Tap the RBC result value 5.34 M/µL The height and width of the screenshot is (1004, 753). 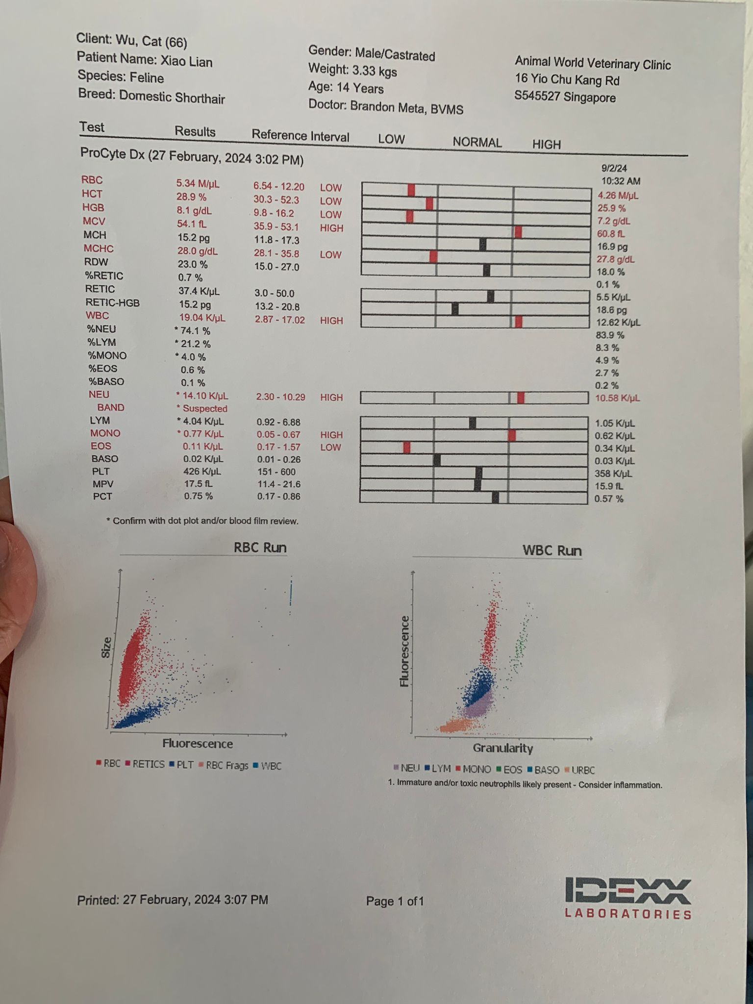coord(198,184)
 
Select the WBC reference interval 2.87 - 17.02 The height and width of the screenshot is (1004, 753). coord(279,320)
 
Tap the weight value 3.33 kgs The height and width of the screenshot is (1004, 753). coord(374,71)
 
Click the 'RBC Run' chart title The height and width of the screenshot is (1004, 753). coord(260,548)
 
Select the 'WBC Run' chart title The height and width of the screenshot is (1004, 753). coord(552,550)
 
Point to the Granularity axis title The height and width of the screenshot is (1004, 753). coord(502,748)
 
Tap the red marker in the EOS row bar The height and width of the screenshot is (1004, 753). coord(406,447)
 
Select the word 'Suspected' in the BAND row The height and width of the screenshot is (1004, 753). coord(205,408)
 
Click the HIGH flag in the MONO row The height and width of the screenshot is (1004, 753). coord(331,435)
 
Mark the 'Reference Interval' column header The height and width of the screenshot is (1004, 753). coord(300,136)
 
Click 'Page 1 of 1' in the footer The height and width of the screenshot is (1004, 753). coord(395,901)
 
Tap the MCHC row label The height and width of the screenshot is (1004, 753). coord(99,249)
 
